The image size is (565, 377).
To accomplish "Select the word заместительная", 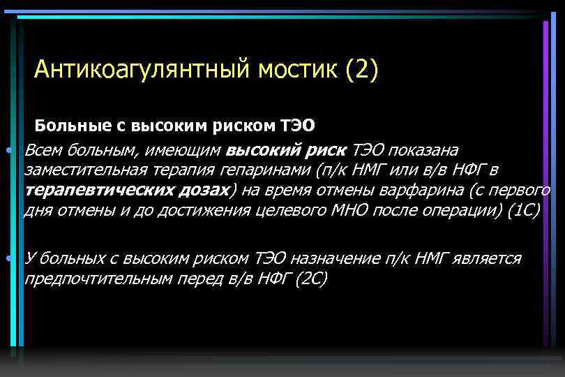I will click(x=84, y=170).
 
